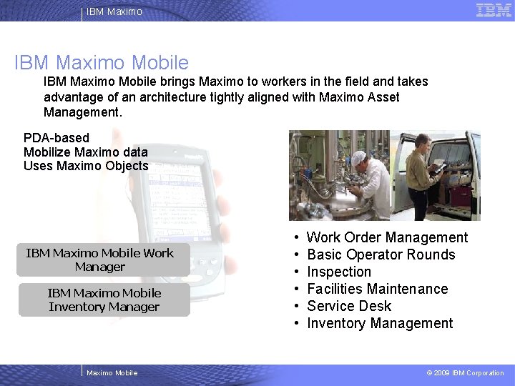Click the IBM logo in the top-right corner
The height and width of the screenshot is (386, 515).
(494, 10)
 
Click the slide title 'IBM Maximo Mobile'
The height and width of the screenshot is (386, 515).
(102, 62)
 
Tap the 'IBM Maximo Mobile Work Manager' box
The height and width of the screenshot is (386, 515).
(100, 260)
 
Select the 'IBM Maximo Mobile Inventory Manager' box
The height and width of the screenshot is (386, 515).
(104, 300)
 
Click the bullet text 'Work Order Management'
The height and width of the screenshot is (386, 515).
(387, 237)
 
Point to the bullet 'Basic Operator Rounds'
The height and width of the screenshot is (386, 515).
(381, 254)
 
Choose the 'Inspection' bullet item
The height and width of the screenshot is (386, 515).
(339, 272)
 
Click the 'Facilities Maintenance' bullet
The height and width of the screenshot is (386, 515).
(377, 289)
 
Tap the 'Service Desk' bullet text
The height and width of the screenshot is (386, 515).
(349, 306)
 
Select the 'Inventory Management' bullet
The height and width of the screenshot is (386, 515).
(380, 323)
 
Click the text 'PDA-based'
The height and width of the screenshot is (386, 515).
(57, 137)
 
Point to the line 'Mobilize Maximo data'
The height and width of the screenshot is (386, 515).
(86, 152)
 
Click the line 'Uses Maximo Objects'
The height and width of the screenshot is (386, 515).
(86, 166)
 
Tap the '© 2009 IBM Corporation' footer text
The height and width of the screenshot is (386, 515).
(465, 372)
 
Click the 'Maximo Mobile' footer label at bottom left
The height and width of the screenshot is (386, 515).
(112, 372)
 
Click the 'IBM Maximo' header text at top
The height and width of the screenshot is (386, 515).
(114, 11)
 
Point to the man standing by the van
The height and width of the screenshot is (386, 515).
(422, 172)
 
